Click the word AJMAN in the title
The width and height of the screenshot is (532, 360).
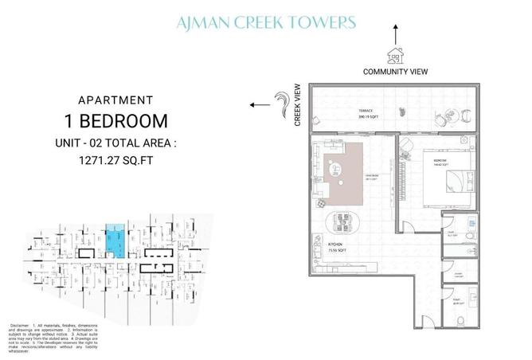click(205, 22)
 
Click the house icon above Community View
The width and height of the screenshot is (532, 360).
click(394, 53)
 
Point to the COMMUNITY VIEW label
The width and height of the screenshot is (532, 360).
click(395, 72)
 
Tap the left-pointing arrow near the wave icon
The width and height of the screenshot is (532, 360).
click(257, 104)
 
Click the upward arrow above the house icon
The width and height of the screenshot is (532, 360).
click(394, 33)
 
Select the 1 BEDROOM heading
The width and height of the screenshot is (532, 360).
click(116, 121)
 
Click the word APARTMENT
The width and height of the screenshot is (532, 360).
click(116, 100)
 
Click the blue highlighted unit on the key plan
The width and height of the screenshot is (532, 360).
click(116, 241)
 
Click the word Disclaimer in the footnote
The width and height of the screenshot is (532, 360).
click(22, 327)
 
